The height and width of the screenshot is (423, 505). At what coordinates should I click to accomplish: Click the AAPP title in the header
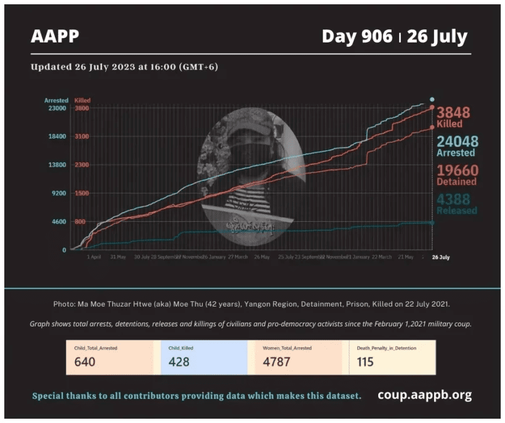55,37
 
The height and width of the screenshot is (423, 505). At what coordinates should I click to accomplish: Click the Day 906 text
357,37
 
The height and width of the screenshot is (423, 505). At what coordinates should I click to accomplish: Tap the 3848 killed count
453,113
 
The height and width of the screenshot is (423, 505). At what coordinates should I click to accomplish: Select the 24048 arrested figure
458,142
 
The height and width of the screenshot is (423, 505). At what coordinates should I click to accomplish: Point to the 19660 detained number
458,171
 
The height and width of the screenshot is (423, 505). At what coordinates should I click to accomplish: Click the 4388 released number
453,199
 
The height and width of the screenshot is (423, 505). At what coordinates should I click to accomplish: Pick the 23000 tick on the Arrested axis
57,108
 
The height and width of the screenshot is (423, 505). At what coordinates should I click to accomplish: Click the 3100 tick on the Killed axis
82,137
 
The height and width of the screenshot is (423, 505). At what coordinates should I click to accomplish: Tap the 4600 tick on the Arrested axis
58,222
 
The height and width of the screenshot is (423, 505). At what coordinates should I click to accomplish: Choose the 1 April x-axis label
94,257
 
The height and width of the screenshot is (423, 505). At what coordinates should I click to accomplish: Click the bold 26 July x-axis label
440,257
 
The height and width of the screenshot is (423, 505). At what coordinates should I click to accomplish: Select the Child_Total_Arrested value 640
84,362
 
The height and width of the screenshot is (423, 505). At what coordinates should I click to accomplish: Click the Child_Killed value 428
179,362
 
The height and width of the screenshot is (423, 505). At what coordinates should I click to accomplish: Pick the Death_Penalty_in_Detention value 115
365,362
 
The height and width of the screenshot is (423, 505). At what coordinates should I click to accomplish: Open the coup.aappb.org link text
424,395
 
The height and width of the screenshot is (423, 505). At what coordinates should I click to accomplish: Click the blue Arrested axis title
55,100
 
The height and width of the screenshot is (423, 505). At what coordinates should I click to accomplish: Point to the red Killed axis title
83,100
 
